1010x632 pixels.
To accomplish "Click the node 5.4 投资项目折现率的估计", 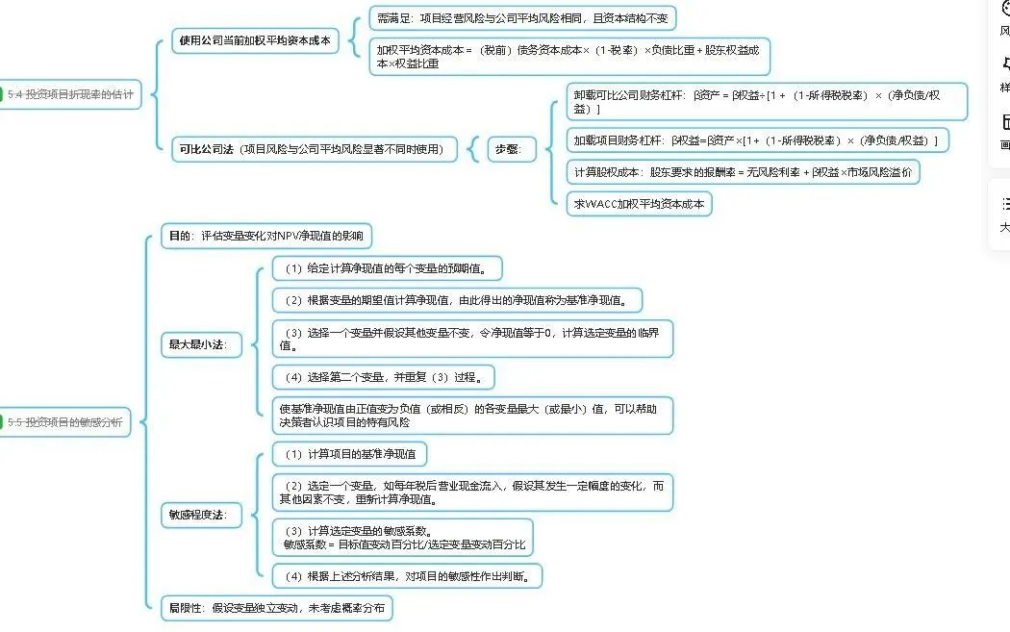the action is (x=70, y=94).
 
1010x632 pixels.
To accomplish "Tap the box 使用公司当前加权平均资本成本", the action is (x=255, y=40).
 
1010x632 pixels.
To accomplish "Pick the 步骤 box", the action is (x=511, y=149).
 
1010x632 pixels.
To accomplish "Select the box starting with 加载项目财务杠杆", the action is (x=756, y=140).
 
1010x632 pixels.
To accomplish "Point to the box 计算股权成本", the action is (x=743, y=173).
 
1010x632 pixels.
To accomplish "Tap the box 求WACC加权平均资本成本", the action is (x=639, y=204).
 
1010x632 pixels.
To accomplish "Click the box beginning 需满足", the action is (x=523, y=18).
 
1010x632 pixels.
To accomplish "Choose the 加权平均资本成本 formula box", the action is (x=568, y=57).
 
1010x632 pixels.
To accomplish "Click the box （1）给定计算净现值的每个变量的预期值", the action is (x=387, y=267).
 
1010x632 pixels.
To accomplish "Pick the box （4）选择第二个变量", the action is (x=383, y=376).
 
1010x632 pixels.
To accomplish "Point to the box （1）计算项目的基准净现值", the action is (x=349, y=454).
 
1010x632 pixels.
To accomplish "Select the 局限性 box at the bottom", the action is (x=277, y=608).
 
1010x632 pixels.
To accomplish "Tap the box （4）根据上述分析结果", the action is (x=408, y=576).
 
